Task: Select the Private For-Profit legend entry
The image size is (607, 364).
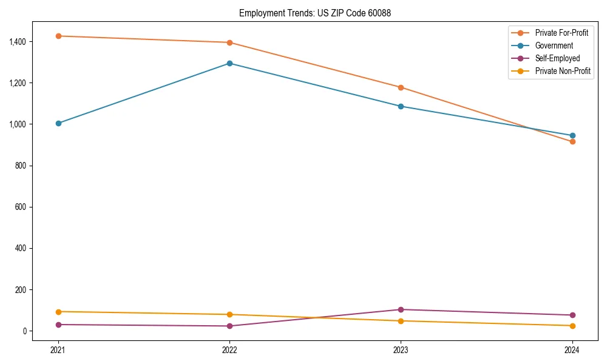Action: pos(561,33)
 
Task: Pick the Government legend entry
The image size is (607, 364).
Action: pos(554,45)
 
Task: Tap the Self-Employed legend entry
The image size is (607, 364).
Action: pos(557,58)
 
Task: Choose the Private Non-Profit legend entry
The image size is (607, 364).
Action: pos(563,71)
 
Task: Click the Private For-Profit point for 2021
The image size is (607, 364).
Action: pos(58,36)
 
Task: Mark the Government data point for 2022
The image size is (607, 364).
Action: pos(229,63)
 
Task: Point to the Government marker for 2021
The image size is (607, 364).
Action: pos(58,123)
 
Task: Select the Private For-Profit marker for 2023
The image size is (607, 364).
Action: pos(401,87)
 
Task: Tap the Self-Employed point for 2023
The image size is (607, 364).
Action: pos(401,309)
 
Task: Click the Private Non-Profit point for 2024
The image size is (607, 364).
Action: pos(572,326)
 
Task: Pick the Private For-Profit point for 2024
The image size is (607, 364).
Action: pos(572,141)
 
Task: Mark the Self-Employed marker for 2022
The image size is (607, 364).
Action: pos(229,326)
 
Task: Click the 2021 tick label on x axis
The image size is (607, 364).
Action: pos(58,349)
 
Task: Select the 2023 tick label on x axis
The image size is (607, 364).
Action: pos(401,349)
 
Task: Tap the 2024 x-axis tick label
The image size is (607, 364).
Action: pos(572,349)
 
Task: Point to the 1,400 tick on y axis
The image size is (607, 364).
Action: pos(17,42)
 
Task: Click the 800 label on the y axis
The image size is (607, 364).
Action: pos(21,166)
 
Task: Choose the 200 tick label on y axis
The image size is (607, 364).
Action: pos(21,290)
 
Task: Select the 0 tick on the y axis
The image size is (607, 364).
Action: pos(24,331)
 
